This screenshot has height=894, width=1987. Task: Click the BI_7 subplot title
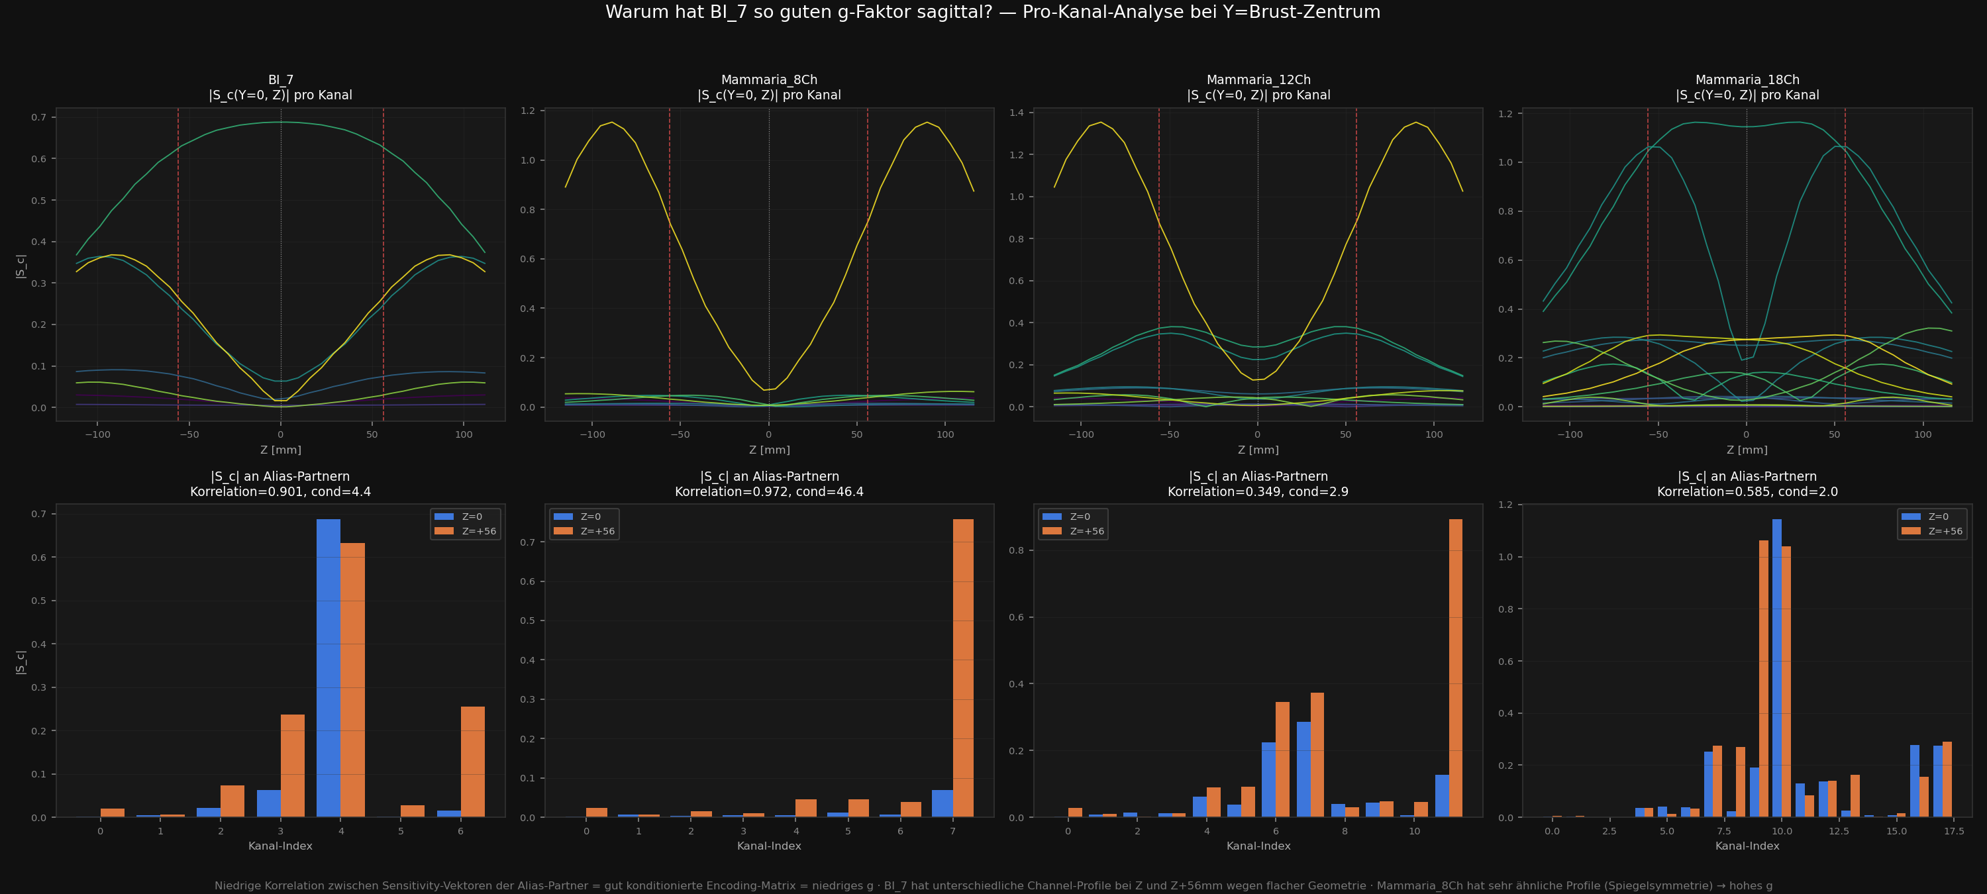coord(281,87)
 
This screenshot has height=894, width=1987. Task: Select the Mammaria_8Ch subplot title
coord(769,87)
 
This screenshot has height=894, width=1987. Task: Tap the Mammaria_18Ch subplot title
coord(1747,87)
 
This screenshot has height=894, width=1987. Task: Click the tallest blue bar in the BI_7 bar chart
coord(329,668)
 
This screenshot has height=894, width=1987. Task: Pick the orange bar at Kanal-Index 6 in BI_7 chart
coord(473,762)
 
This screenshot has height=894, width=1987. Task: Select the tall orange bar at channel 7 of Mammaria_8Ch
coord(964,668)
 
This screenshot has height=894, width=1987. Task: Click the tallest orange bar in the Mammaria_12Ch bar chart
coord(1456,668)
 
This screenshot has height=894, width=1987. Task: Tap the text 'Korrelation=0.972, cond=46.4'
coord(769,491)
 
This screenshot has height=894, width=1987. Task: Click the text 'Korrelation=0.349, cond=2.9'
coord(1258,491)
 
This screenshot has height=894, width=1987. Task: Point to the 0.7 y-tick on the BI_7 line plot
coord(38,117)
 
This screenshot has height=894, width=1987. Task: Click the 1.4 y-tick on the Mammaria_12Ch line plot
coord(1016,113)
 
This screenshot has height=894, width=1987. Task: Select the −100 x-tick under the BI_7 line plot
coord(97,434)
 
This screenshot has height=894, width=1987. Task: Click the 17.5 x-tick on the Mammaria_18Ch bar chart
coord(1954,830)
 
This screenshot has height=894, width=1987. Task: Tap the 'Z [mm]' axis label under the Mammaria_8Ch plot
coord(769,450)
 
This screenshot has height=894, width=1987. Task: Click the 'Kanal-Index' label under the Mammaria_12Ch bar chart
coord(1258,846)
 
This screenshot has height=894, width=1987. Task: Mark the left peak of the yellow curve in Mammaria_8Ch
coord(612,122)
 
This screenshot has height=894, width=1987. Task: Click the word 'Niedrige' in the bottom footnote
coord(238,885)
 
